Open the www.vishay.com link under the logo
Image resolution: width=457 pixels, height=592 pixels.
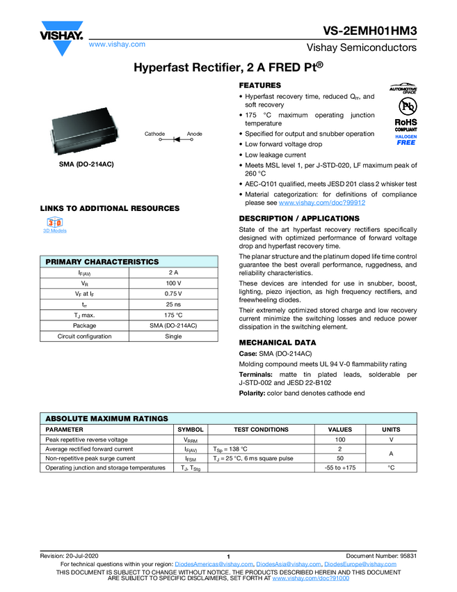pos(117,44)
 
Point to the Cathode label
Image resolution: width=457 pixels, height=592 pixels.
pos(154,134)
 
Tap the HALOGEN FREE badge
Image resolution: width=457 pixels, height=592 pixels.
pos(406,140)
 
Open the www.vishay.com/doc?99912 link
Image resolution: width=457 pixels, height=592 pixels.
pos(322,203)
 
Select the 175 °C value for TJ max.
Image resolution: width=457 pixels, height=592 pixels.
pos(173,315)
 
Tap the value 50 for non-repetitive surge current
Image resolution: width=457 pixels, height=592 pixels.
pos(340,458)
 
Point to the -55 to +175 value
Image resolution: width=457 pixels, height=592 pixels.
pos(340,468)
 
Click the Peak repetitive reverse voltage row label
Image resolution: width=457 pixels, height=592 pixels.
pos(86,439)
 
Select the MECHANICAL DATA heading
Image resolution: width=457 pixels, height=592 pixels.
pos(278,343)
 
